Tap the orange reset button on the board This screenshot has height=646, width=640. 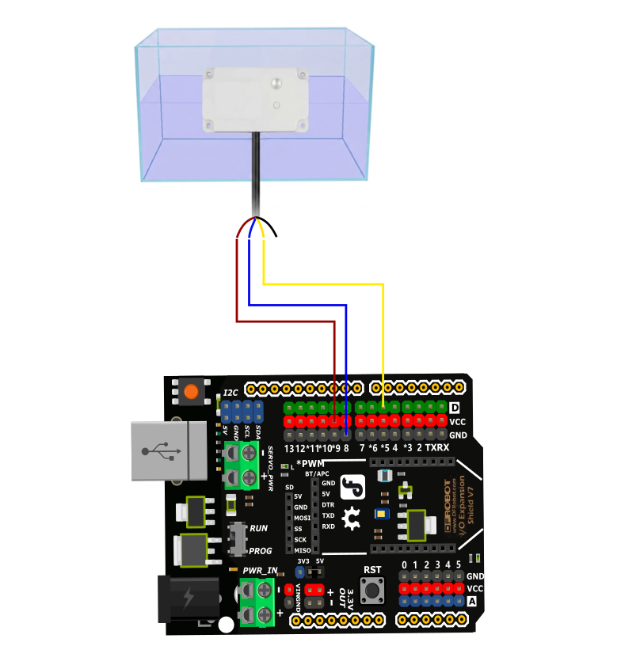tap(191, 391)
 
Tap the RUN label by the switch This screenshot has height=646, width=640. tap(259, 528)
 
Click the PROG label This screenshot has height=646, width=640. tap(261, 551)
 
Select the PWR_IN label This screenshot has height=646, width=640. tap(260, 570)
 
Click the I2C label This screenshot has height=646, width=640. tap(230, 393)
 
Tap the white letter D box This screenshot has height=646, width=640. tap(455, 408)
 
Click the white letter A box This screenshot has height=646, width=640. tap(473, 602)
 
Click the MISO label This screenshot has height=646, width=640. tap(302, 550)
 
